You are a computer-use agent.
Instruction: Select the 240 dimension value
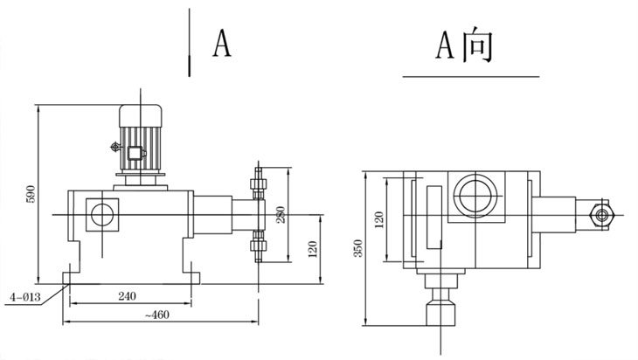128,296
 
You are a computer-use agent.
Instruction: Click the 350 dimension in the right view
357,248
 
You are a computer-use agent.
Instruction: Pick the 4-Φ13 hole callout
25,297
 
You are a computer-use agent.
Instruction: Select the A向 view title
464,45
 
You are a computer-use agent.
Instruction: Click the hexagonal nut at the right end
601,212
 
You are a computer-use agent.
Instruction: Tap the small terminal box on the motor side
135,154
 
